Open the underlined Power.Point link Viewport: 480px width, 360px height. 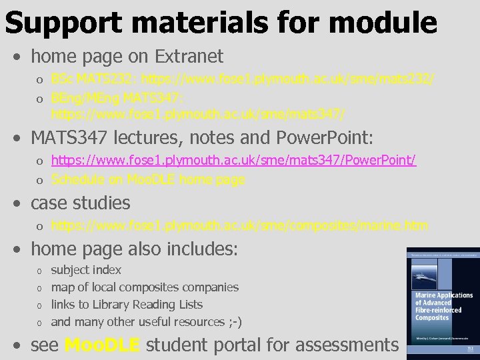(233, 162)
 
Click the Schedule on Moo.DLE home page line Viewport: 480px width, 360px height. (148, 179)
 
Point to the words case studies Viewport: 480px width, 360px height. (81, 203)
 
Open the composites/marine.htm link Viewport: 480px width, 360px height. (239, 226)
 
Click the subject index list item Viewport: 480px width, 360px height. (86, 270)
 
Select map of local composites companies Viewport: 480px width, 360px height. (145, 287)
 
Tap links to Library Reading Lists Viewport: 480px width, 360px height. (127, 305)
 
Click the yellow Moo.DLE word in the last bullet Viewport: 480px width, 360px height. (102, 345)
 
